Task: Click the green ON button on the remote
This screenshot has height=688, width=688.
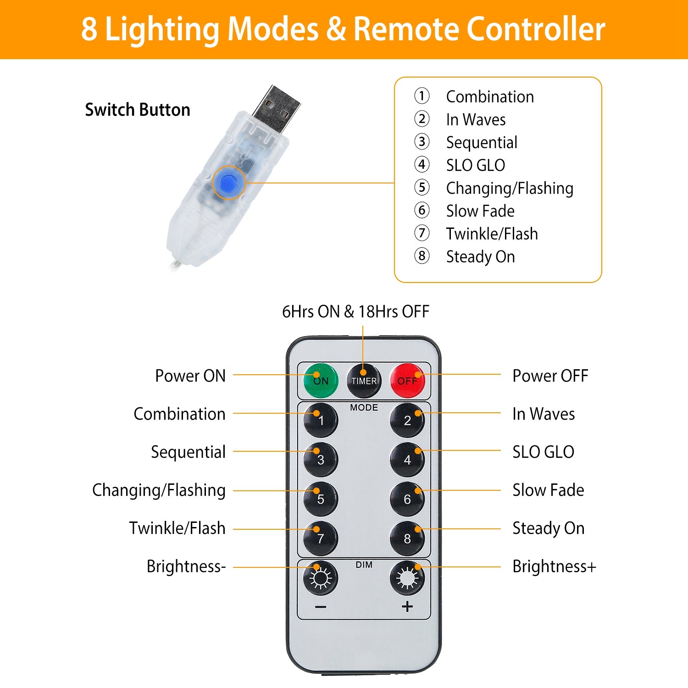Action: click(321, 381)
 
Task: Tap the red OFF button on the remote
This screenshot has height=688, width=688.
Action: click(407, 381)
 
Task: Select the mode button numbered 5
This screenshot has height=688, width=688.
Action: click(321, 499)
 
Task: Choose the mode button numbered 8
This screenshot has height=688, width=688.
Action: click(407, 538)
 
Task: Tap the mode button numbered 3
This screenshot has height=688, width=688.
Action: click(321, 460)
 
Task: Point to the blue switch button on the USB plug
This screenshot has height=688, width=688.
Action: click(228, 183)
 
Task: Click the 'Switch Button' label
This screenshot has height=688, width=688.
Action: click(138, 110)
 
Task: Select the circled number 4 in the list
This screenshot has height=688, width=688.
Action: click(422, 165)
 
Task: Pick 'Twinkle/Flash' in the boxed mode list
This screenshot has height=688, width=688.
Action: click(492, 234)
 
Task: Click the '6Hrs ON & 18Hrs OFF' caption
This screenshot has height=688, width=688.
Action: click(355, 312)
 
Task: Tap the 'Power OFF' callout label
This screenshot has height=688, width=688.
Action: click(550, 376)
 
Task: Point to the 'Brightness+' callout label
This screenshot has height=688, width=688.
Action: click(554, 567)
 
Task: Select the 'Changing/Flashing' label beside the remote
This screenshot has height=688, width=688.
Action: click(159, 490)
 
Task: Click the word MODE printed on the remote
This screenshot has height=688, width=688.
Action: click(364, 407)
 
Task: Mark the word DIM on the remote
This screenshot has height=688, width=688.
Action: click(364, 565)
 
